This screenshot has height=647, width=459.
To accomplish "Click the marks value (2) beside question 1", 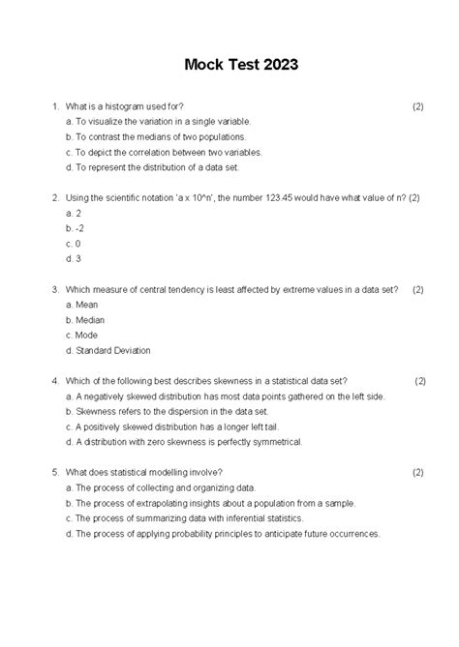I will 417,105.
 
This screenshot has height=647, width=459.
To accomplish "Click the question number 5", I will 55,472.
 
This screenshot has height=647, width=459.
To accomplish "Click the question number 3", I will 55,288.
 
